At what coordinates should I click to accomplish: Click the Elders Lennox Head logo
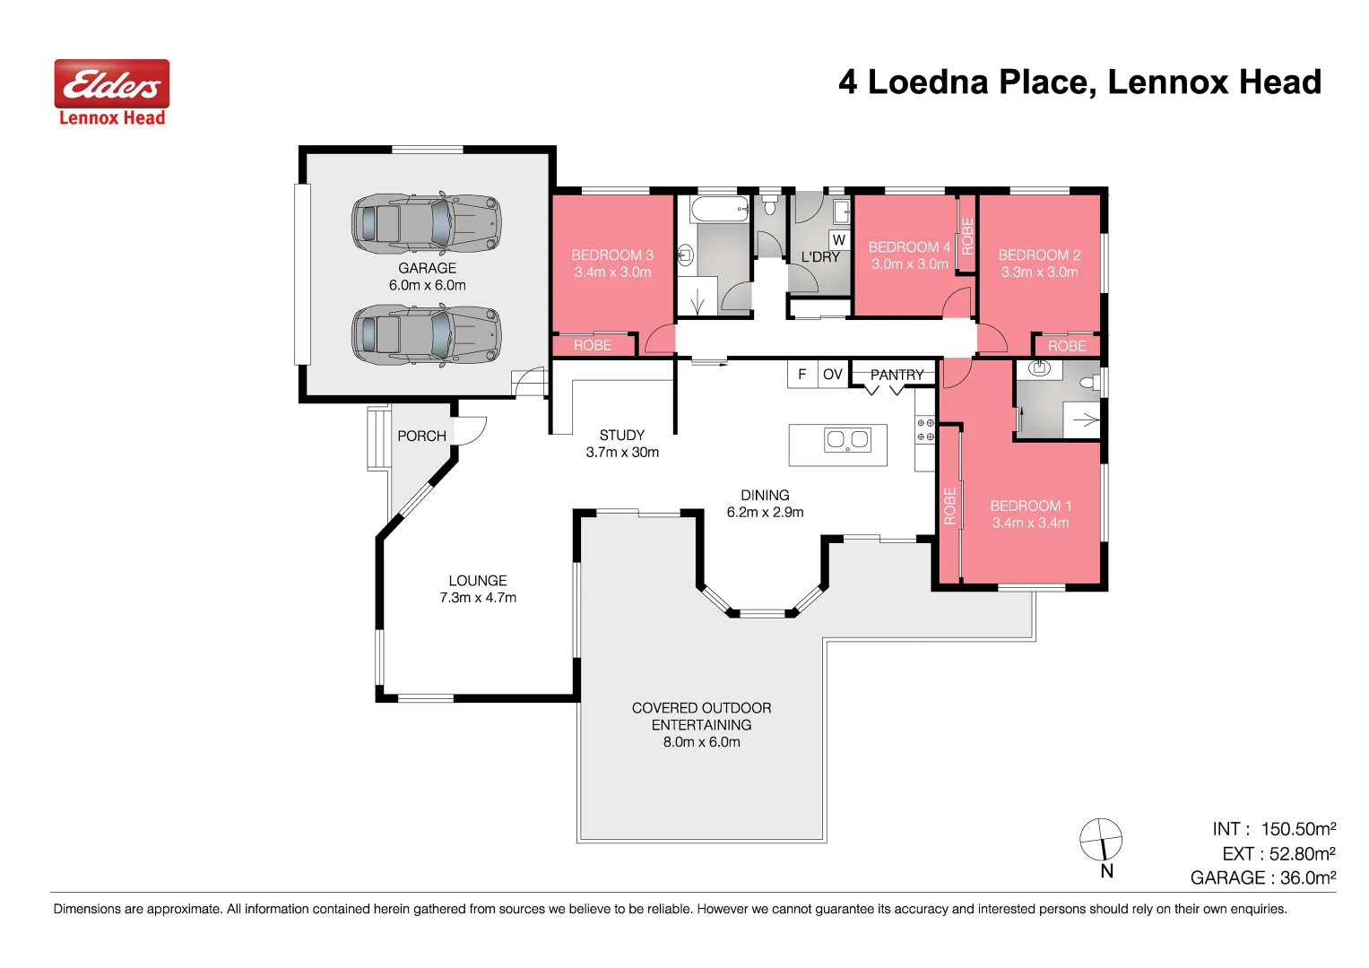(112, 93)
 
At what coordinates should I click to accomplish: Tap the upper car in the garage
(426, 224)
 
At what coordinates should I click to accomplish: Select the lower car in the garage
(426, 335)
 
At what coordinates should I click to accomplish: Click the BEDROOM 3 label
(612, 255)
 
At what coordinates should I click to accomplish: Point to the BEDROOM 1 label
(1030, 506)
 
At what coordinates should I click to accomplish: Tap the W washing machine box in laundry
(838, 240)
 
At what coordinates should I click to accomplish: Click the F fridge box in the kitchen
(802, 375)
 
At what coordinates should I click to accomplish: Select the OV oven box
(833, 375)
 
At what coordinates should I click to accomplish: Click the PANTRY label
(897, 375)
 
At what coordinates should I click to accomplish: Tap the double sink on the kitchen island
(847, 439)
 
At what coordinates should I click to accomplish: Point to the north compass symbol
(1101, 841)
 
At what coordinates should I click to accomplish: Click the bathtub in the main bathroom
(719, 210)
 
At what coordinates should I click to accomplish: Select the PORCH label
(421, 436)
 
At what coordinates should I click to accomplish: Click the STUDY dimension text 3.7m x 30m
(622, 453)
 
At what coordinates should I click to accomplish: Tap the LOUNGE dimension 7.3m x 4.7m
(478, 598)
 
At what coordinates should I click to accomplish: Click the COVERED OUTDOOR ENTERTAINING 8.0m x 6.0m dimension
(701, 742)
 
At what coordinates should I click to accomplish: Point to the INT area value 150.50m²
(1298, 829)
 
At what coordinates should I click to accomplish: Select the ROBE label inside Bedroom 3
(593, 345)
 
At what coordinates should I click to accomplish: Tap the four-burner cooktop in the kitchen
(925, 429)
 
